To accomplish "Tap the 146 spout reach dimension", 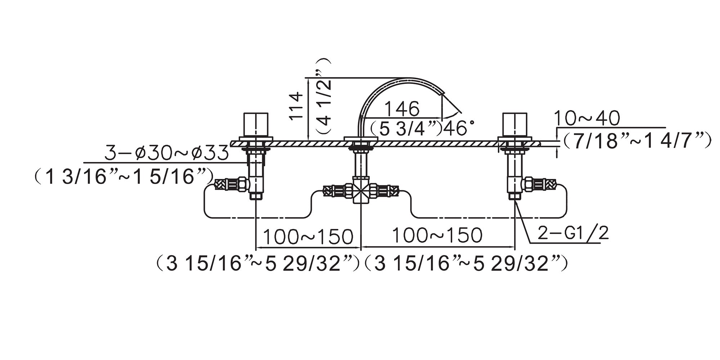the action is (402, 108).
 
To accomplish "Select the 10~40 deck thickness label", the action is (586, 118).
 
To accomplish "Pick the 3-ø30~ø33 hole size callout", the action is (166, 153).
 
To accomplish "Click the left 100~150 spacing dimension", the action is (308, 237).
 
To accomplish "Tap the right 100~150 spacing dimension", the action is (437, 235).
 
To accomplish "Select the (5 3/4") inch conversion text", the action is (406, 128).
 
